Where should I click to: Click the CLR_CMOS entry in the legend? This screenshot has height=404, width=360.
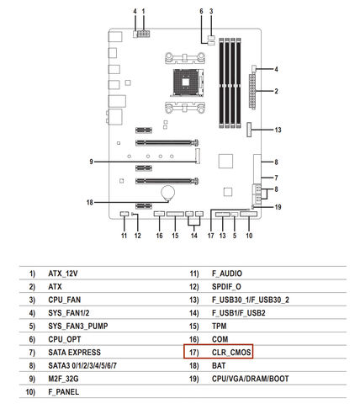[231, 352]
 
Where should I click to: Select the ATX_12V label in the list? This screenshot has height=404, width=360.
[63, 274]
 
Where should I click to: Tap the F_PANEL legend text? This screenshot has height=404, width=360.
[63, 391]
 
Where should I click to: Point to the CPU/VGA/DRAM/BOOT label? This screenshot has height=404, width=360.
[250, 379]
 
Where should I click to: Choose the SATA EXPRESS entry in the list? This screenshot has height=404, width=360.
[74, 352]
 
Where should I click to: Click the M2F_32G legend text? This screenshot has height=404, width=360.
[63, 379]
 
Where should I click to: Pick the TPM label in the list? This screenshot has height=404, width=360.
[219, 326]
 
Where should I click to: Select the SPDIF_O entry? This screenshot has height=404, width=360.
[226, 286]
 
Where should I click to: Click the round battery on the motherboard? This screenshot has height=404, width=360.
[167, 193]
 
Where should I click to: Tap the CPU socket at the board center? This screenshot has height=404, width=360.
[187, 82]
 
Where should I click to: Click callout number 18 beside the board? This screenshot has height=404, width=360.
[90, 202]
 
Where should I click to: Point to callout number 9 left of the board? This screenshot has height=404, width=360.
[91, 162]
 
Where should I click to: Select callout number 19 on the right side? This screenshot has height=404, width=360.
[278, 207]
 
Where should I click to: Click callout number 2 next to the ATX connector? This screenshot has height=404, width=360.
[276, 91]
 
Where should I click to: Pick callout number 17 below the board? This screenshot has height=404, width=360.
[210, 236]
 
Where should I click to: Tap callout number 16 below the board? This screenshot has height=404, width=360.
[159, 236]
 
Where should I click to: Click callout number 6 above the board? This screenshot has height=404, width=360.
[201, 11]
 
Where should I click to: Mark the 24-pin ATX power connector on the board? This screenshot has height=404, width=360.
[252, 92]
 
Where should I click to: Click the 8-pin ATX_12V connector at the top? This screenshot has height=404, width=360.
[143, 34]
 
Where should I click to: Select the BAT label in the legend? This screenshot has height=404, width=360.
[219, 365]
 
